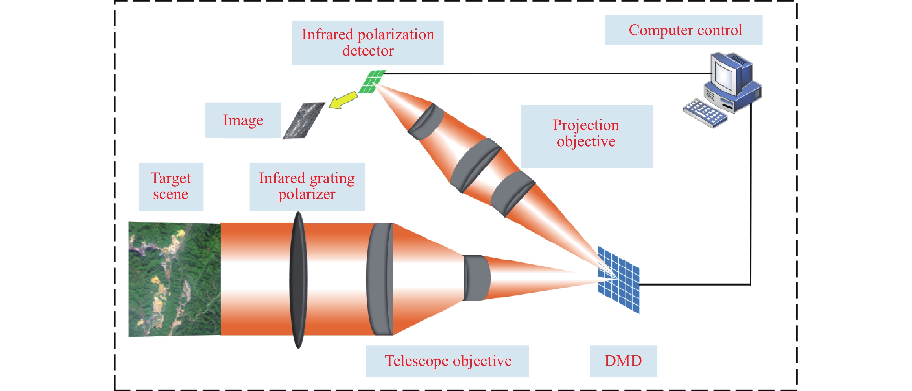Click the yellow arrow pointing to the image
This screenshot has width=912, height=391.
(x=343, y=100)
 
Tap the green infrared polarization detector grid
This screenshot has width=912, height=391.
(x=372, y=81)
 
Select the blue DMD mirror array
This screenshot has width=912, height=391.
(x=618, y=280)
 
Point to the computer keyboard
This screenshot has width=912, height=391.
(x=704, y=112)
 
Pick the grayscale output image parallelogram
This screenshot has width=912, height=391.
(x=304, y=120)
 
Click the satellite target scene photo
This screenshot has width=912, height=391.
(x=174, y=279)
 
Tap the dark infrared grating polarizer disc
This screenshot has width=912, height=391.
(x=298, y=280)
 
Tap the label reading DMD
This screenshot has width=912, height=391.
(x=623, y=361)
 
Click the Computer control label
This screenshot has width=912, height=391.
(x=685, y=30)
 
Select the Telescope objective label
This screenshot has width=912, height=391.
(x=448, y=361)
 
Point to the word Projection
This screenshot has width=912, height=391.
(x=586, y=125)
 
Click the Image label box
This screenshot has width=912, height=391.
(x=243, y=120)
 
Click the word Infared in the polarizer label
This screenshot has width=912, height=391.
(x=281, y=178)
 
